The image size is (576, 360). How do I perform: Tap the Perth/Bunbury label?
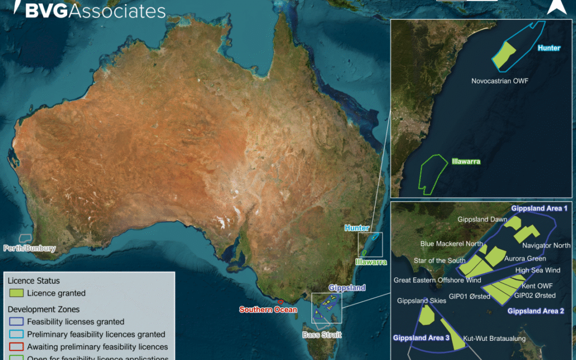coord(29,248)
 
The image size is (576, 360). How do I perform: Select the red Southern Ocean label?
coord(268,309)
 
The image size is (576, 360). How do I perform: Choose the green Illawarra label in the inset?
coord(466,161)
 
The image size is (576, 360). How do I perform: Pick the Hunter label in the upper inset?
coord(549,48)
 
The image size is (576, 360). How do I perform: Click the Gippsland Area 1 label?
coord(540,209)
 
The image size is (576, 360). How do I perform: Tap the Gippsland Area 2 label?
coord(535,310)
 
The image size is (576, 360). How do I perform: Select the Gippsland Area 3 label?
coord(421,338)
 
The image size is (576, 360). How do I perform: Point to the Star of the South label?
coord(439,261)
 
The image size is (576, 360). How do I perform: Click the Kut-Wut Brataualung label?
coord(494,339)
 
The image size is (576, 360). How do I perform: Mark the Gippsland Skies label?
coord(421,301)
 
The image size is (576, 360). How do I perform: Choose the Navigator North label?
coord(546,246)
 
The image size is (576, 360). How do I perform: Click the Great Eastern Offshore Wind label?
coord(437,280)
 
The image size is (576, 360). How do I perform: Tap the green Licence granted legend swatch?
coord(17,293)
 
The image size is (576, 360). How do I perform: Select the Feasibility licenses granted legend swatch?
coord(17,322)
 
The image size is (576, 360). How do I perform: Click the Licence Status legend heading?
coord(34,281)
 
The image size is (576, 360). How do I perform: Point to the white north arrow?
coord(556,6)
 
